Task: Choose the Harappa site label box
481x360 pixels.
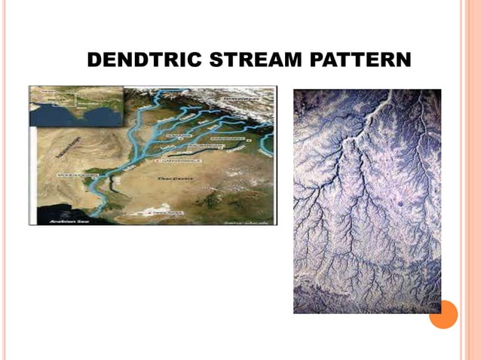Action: point(176,136)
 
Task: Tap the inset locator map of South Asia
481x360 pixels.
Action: point(75,106)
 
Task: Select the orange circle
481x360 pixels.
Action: point(443,315)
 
